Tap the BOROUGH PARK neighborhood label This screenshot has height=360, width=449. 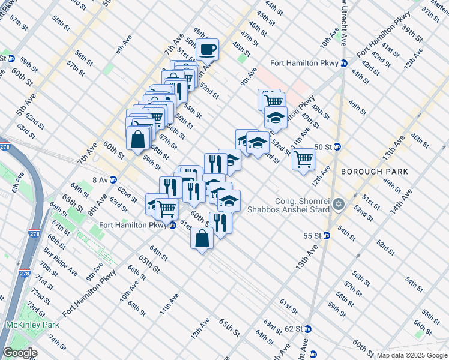tap(375, 172)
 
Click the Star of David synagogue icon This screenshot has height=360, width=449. tap(339, 205)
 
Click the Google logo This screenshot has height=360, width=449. tap(19, 353)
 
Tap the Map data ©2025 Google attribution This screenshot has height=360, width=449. tap(412, 355)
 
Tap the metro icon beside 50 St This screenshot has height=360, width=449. tap(337, 146)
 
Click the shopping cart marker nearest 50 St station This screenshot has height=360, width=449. tap(304, 158)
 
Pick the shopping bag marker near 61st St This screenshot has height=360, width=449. tap(202, 238)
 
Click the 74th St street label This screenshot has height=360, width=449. tap(57, 343)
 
